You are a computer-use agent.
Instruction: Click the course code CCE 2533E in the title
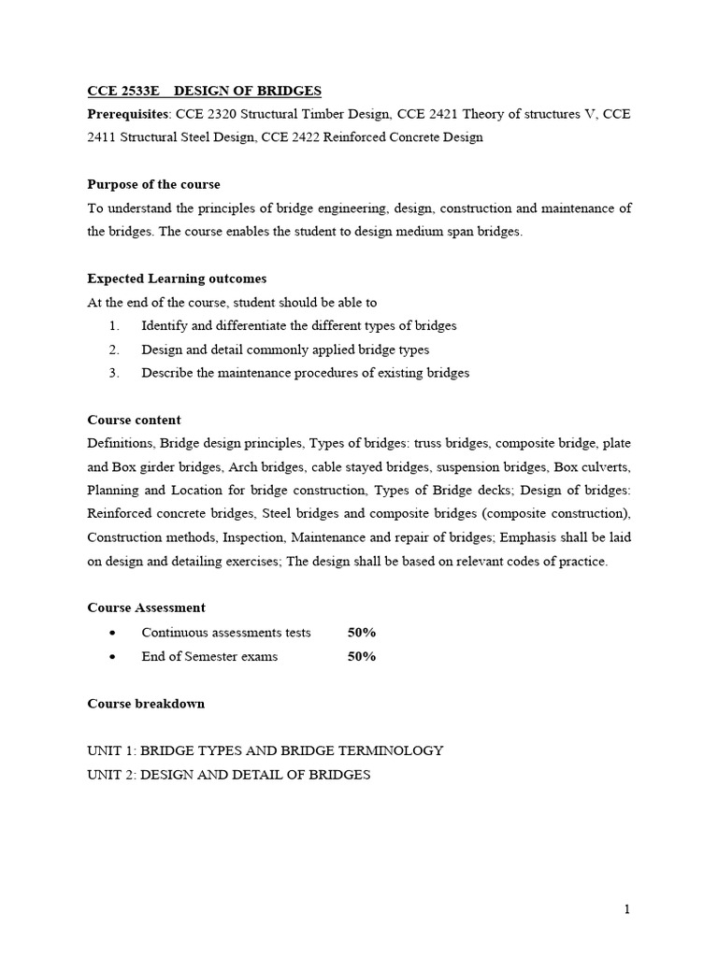point(123,91)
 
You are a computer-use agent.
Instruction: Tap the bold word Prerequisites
point(128,115)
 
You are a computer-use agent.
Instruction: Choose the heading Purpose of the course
point(153,184)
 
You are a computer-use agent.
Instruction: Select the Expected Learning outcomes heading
point(177,279)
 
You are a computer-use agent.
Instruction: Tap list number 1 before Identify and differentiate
point(114,326)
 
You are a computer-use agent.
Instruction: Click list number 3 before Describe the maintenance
point(114,373)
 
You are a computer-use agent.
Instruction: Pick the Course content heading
point(134,420)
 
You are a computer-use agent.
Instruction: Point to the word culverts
point(607,466)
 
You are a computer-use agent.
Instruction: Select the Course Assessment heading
point(146,607)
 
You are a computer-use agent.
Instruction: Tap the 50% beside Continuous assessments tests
point(362,633)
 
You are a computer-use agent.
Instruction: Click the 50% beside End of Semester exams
point(362,656)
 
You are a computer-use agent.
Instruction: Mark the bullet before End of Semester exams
point(113,657)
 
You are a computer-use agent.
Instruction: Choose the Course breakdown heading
point(145,703)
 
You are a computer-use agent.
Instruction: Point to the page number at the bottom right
point(628,909)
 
